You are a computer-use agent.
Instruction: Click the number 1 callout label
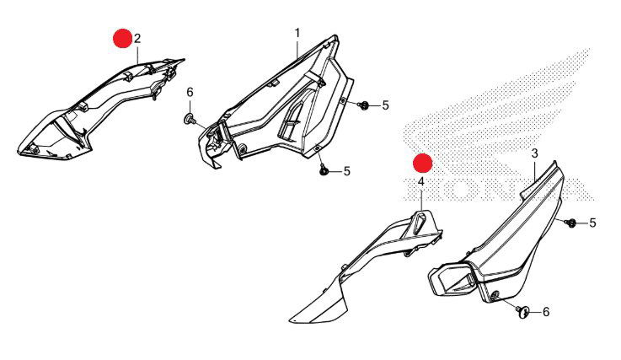tap(297, 33)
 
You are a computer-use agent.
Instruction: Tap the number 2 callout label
tap(137, 39)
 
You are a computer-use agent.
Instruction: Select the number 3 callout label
tap(535, 153)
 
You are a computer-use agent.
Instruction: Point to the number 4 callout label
tap(421, 182)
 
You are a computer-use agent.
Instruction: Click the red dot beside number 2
tap(122, 39)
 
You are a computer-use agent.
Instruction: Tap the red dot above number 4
tap(422, 163)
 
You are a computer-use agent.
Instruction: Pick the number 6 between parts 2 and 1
tap(190, 93)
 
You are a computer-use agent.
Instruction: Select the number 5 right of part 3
tap(592, 223)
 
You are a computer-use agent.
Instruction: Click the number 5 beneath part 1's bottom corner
tap(347, 171)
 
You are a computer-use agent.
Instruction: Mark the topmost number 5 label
tap(385, 105)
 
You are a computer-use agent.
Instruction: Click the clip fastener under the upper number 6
tap(190, 119)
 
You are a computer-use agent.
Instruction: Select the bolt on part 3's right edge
tap(572, 223)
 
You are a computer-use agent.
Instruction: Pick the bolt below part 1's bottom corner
tap(323, 170)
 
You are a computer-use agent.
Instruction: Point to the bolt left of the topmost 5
tap(363, 105)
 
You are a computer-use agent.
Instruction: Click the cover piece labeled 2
tap(95, 111)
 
